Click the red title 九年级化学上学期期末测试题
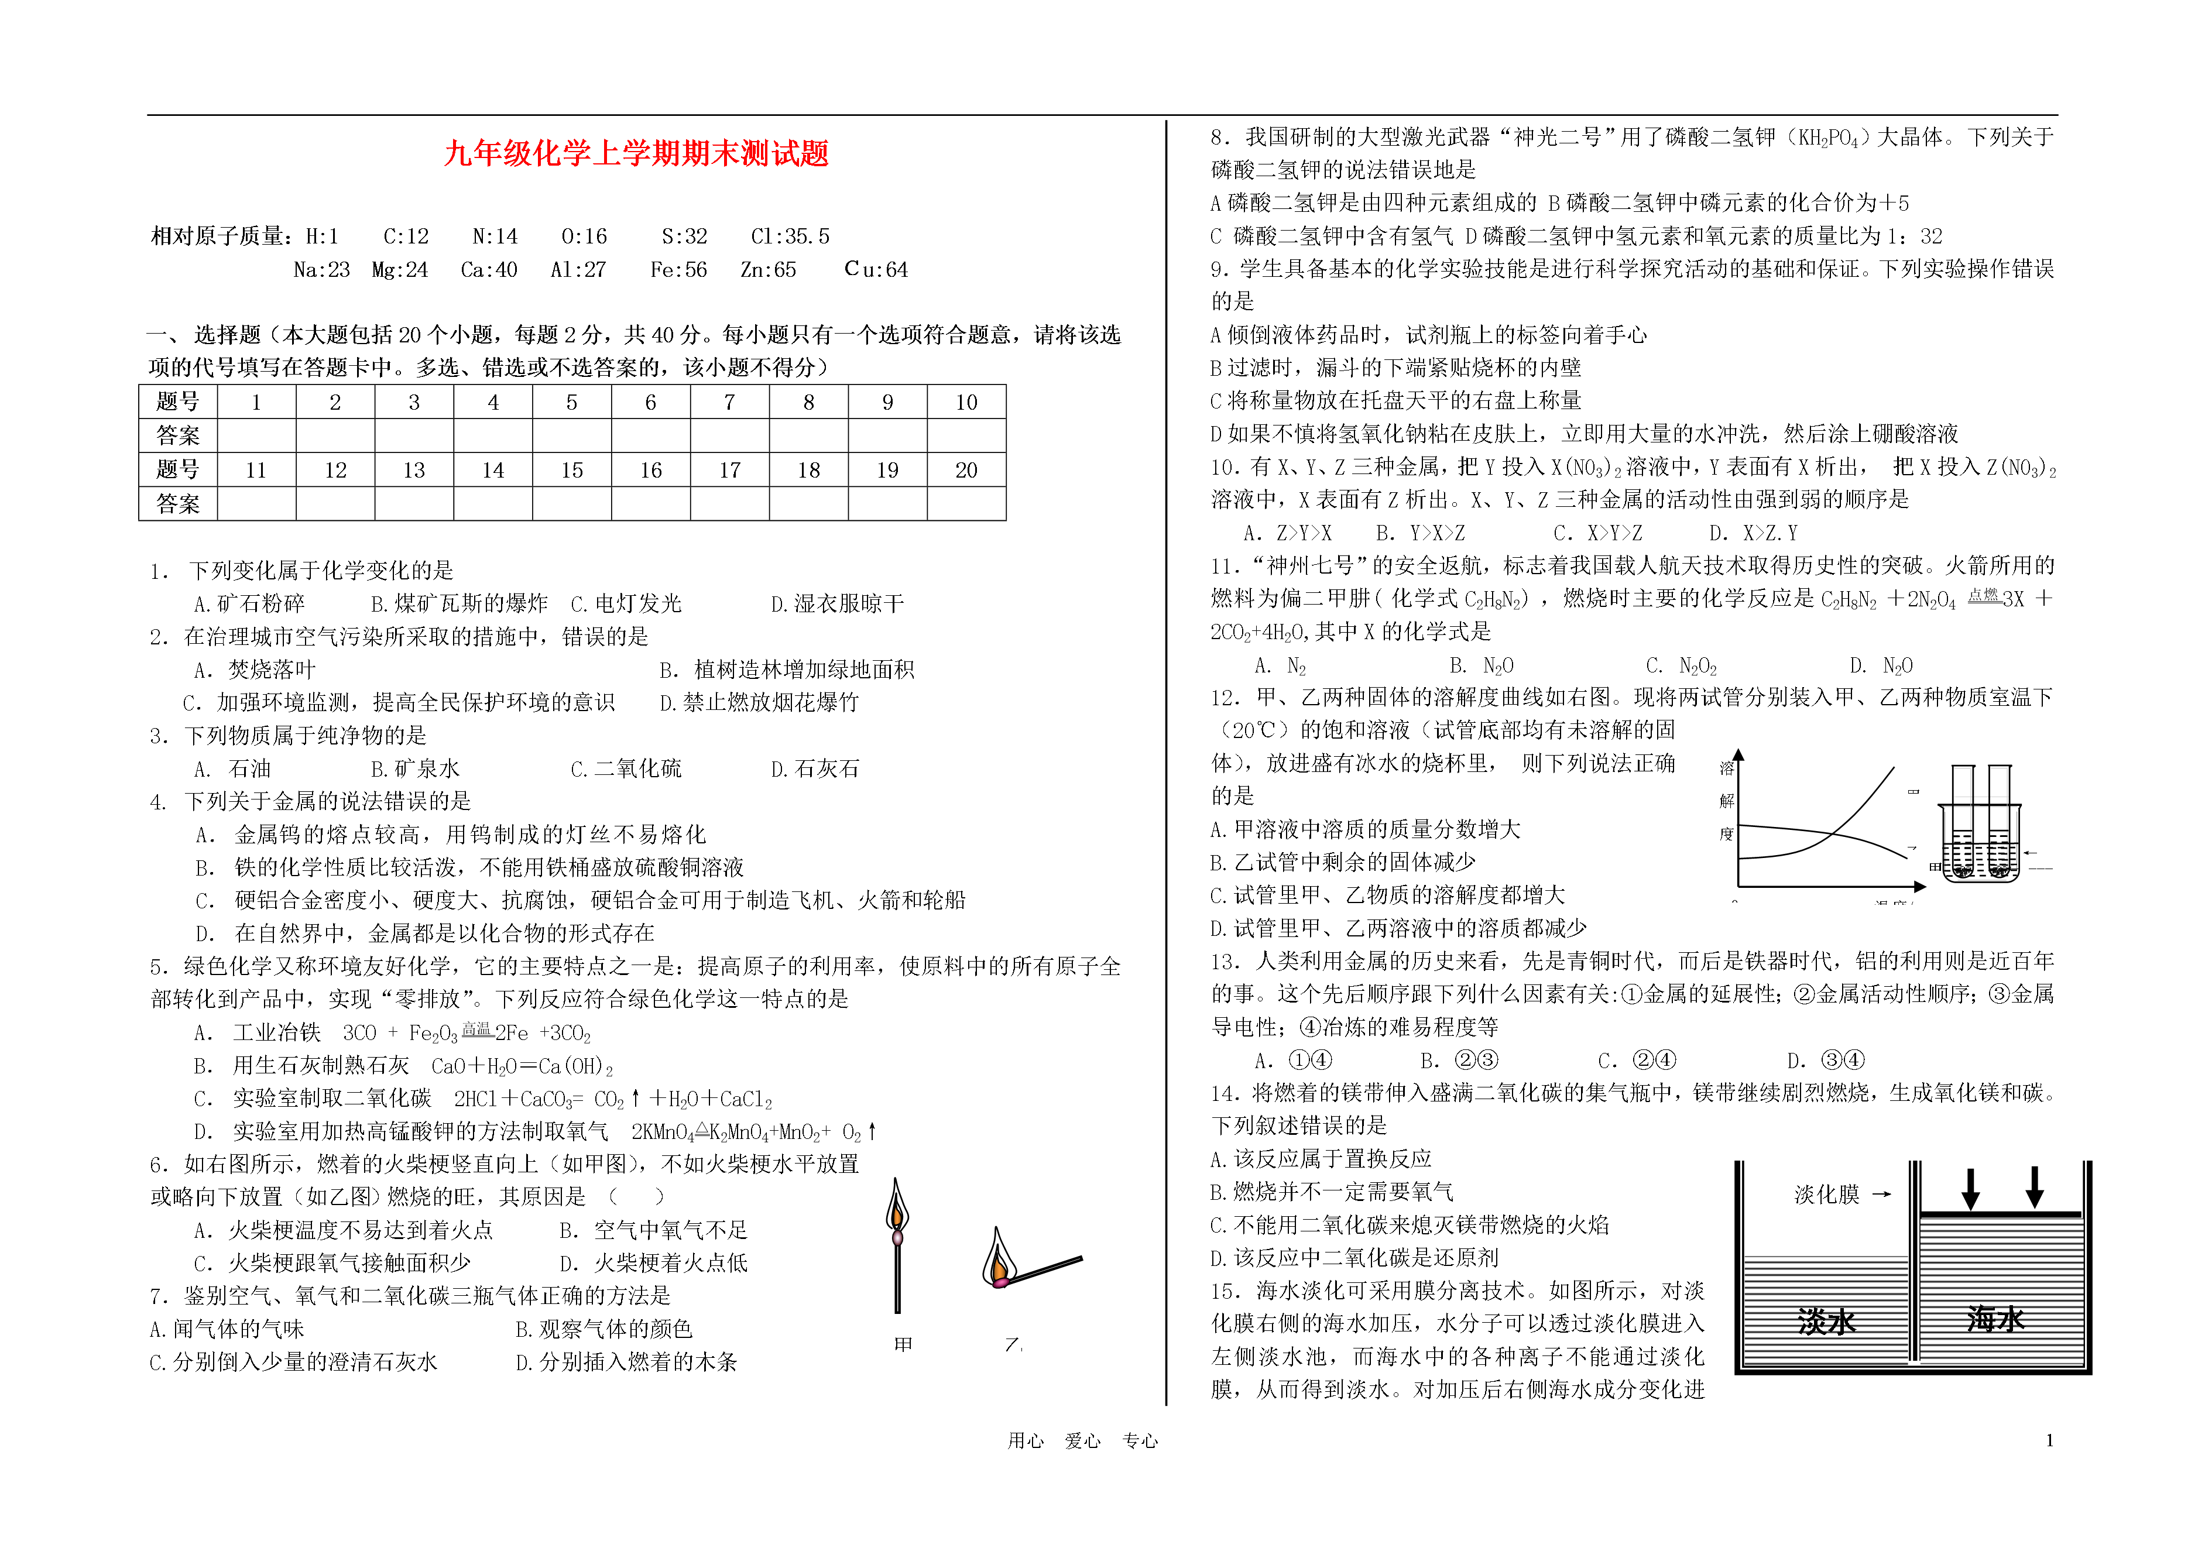(636, 154)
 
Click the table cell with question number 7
(729, 401)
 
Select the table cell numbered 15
(571, 470)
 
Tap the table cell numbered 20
(966, 470)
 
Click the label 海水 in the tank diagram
(1995, 1320)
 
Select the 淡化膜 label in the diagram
(1827, 1194)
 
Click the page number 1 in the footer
(2049, 1440)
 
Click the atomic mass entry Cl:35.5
(790, 236)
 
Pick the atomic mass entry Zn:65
(769, 270)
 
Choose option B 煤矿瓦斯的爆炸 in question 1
(459, 603)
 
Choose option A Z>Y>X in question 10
(1287, 533)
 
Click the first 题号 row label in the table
(178, 401)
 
